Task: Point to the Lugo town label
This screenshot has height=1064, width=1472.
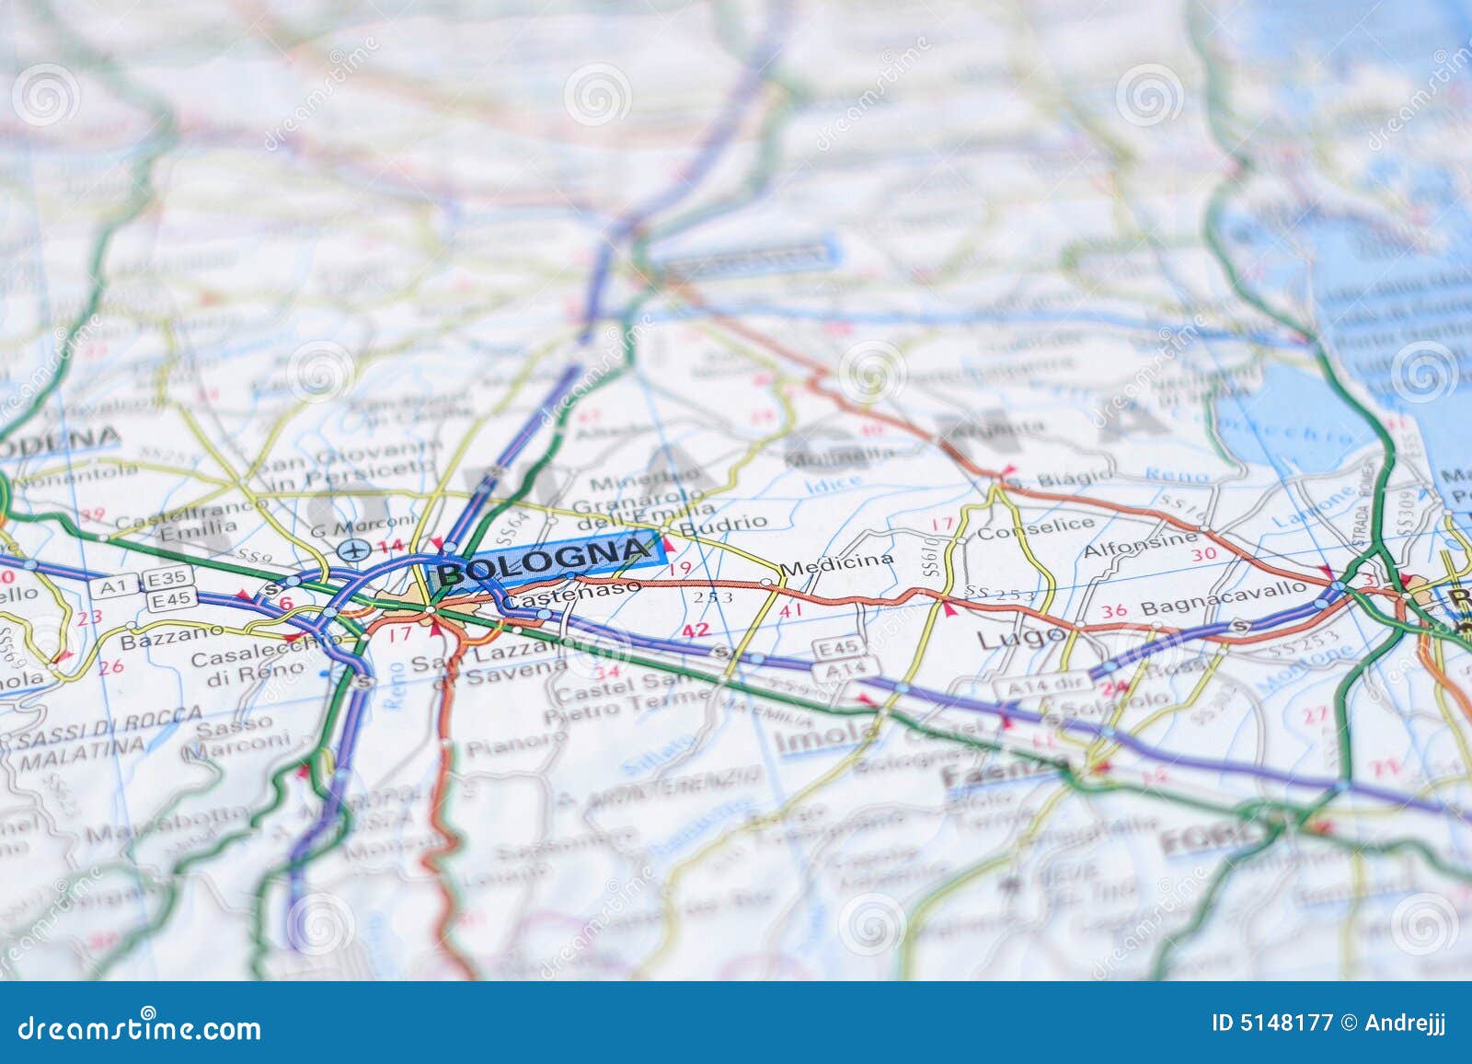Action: pyautogui.click(x=1007, y=638)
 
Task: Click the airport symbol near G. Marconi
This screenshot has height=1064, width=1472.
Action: pyautogui.click(x=351, y=550)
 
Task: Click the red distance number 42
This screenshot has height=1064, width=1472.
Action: pyautogui.click(x=696, y=631)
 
